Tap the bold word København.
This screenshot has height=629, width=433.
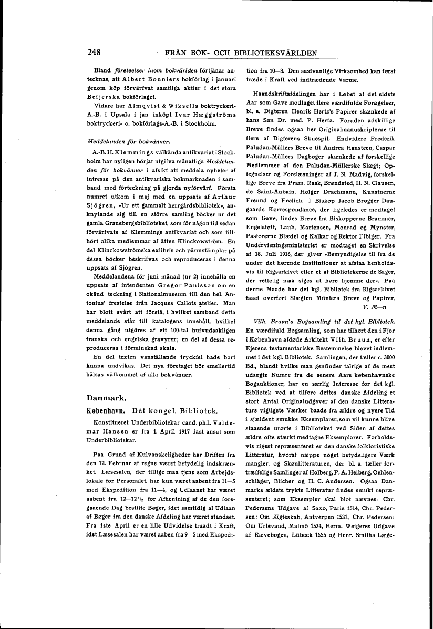(105, 410)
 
